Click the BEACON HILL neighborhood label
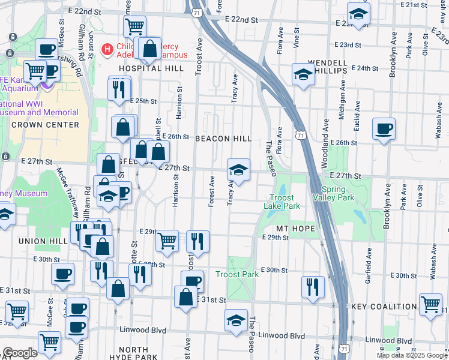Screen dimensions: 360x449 pos(223,139)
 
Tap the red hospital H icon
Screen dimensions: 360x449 pos(107,49)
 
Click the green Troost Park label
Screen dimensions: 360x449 pos(237,274)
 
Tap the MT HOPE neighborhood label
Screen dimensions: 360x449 pos(295,229)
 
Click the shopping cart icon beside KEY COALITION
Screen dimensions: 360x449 pos(431,304)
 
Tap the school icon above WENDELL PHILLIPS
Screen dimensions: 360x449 pos(303,74)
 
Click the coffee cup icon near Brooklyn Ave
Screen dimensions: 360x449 pos(384,128)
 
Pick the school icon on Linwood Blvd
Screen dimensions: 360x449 pos(237,320)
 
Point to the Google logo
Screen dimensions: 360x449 pos(20,353)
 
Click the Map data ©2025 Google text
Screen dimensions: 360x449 pos(412,355)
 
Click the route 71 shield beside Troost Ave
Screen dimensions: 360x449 pos(196,11)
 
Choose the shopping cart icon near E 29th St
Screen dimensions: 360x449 pos(167,241)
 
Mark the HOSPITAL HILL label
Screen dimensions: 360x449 pos(142,68)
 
